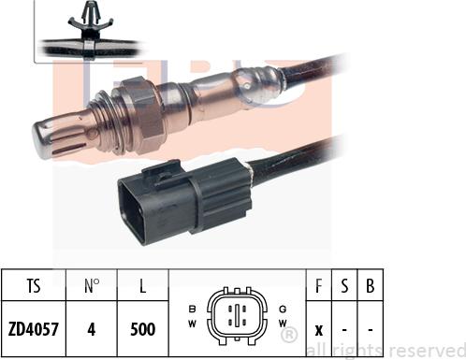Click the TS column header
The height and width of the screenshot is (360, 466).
tap(34, 285)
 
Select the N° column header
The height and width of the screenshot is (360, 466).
tap(92, 285)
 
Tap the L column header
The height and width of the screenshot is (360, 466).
tap(142, 285)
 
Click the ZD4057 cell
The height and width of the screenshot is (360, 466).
tap(34, 329)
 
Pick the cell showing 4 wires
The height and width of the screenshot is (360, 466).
tap(92, 329)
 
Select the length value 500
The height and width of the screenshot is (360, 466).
tap(143, 329)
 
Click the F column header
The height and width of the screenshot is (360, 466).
tap(318, 285)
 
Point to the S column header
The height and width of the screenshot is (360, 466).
tap(344, 285)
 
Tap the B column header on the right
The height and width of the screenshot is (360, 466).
tap(371, 285)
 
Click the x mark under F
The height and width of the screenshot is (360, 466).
tap(318, 330)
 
